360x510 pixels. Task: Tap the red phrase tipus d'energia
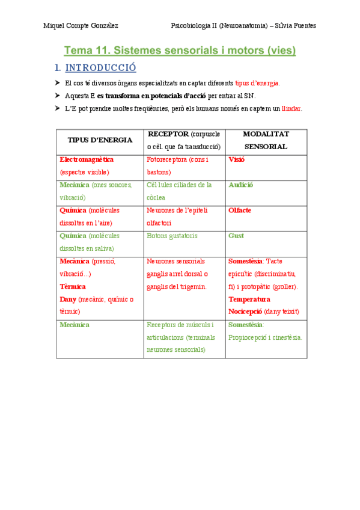(x=257, y=83)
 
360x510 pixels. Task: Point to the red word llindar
(x=291, y=109)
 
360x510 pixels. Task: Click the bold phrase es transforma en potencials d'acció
(x=150, y=96)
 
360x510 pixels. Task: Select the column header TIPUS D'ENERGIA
(x=100, y=140)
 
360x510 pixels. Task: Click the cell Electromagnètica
(x=87, y=159)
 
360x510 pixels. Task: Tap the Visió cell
(x=237, y=159)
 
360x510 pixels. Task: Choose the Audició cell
(x=241, y=185)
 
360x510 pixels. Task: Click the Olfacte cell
(x=240, y=210)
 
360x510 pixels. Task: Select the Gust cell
(x=236, y=236)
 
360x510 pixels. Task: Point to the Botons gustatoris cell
(x=172, y=236)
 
